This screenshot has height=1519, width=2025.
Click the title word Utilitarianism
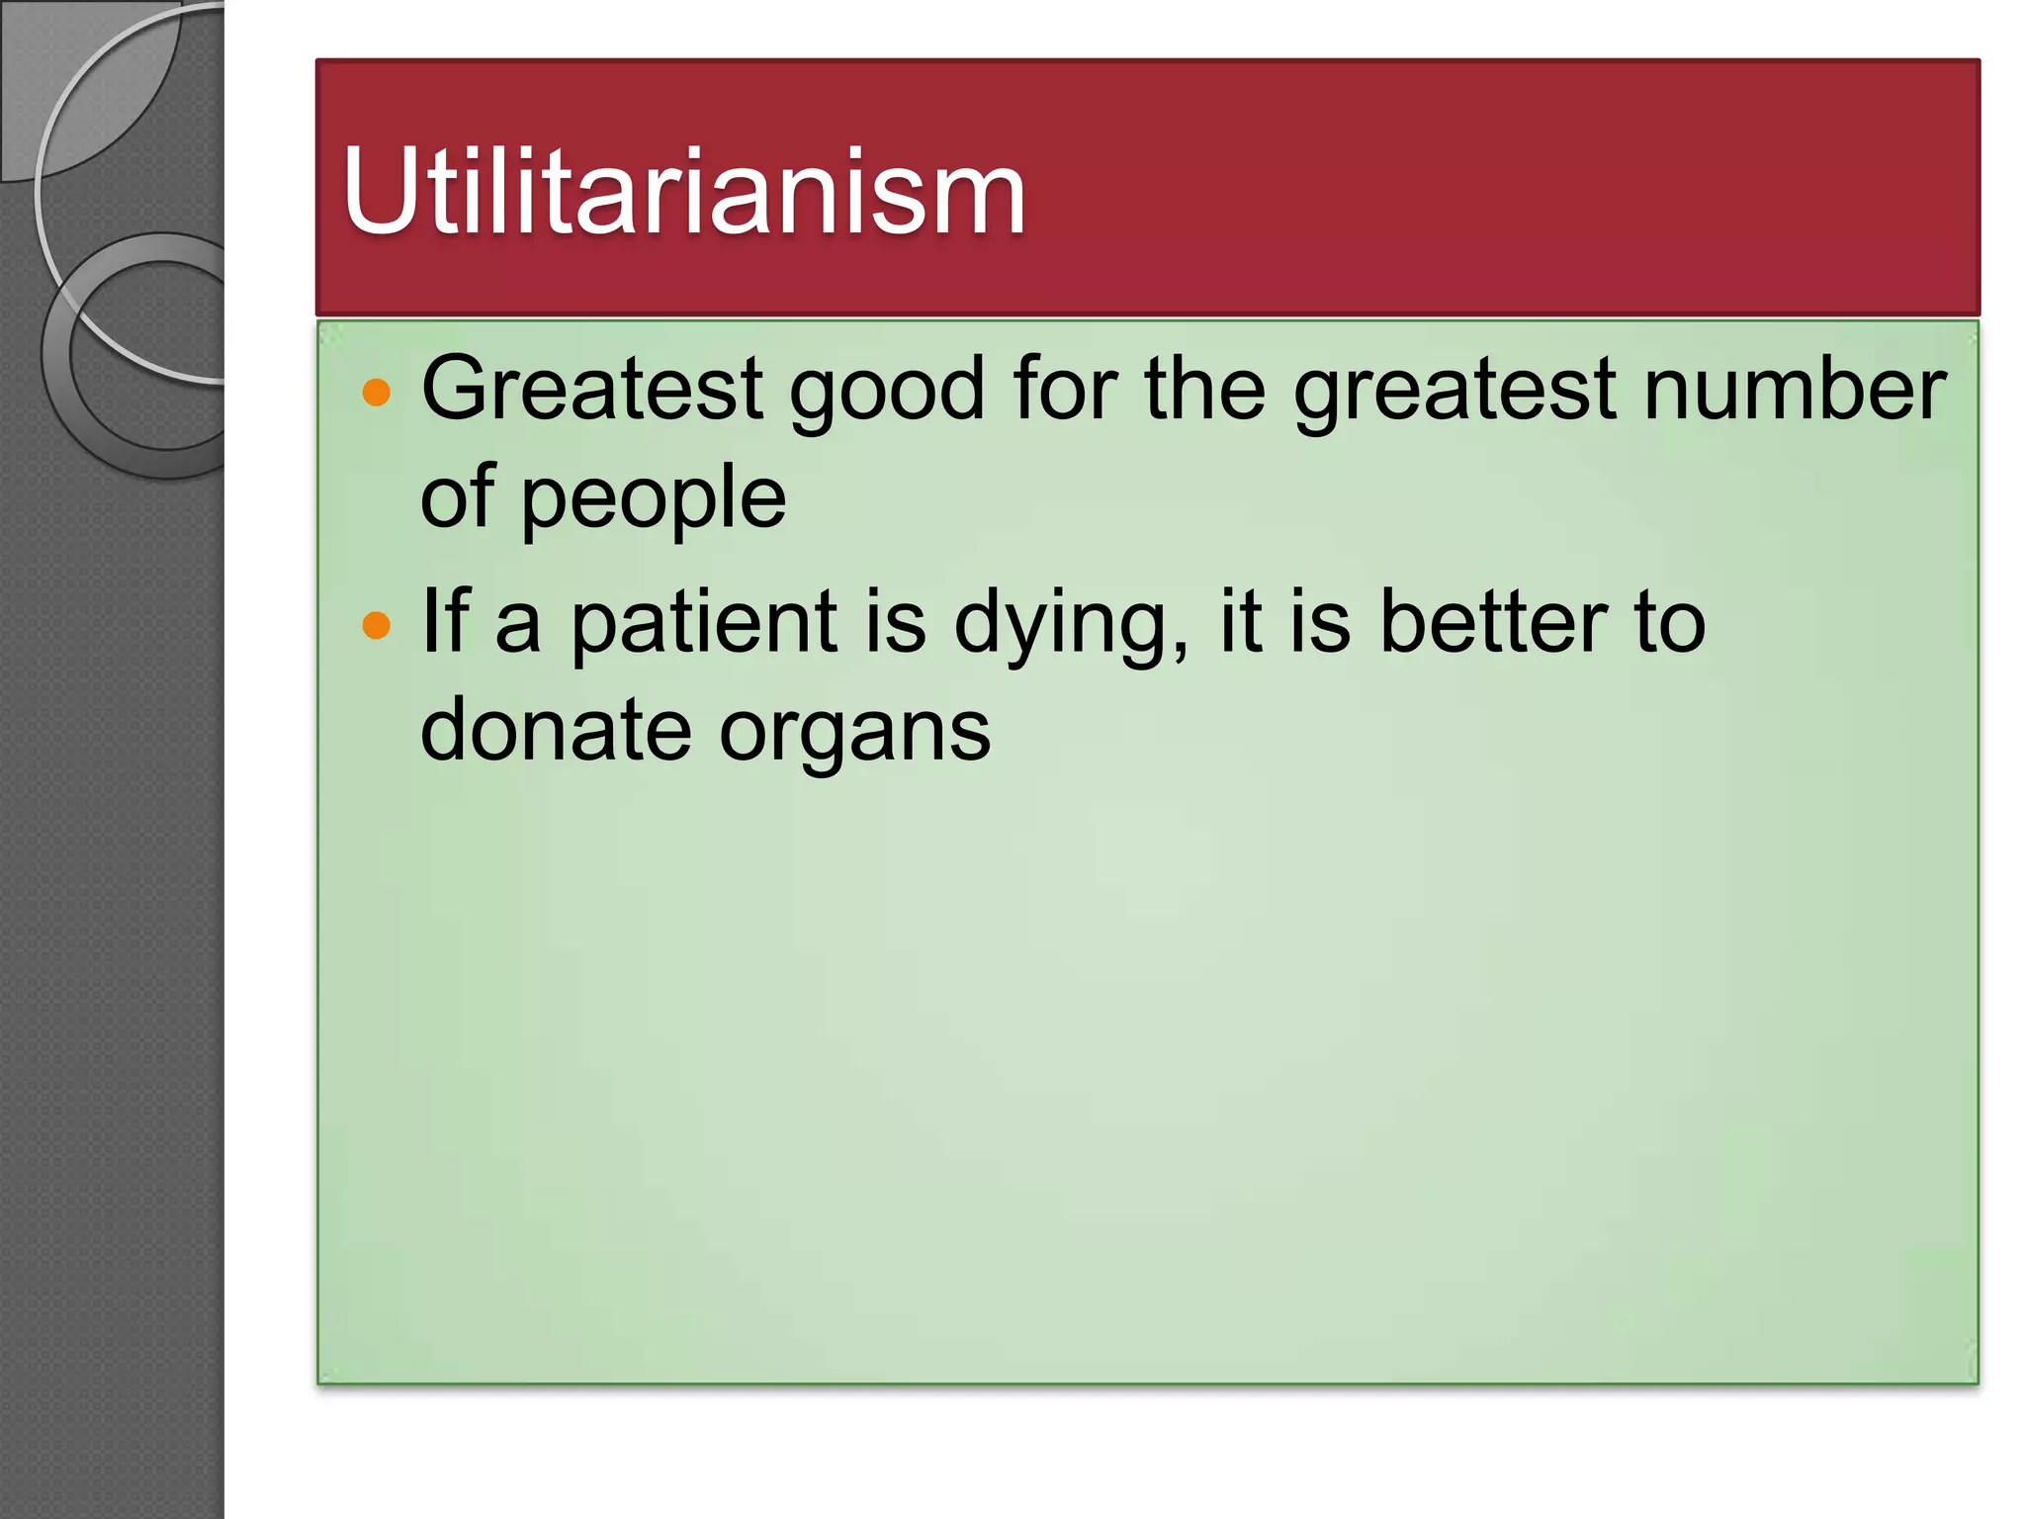click(683, 192)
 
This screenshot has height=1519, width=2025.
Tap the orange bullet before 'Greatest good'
click(377, 393)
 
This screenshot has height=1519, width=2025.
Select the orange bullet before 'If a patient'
click(377, 625)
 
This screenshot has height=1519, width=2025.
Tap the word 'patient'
click(705, 623)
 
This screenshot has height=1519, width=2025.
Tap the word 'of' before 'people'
click(457, 496)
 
